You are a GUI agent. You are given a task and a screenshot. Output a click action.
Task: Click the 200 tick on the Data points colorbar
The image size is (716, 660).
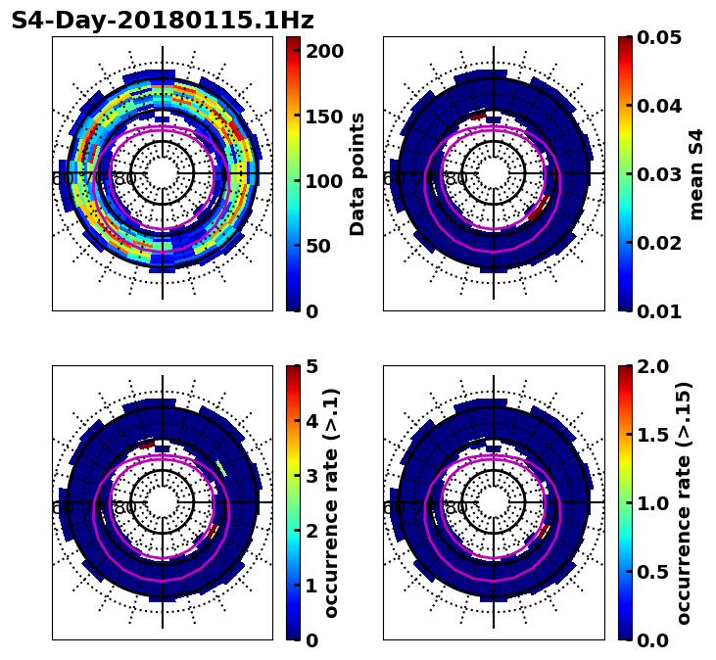coord(324,51)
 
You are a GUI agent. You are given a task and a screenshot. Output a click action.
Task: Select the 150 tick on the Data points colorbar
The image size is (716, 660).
coord(324,117)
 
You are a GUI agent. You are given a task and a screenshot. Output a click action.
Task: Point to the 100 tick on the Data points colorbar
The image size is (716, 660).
coord(324,181)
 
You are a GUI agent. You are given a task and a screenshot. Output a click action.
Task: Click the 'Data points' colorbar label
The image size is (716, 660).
coord(358,174)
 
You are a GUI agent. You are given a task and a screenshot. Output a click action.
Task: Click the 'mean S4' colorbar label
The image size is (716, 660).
coord(696,174)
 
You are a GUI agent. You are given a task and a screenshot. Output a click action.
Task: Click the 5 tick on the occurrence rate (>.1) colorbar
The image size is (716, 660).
coord(312,366)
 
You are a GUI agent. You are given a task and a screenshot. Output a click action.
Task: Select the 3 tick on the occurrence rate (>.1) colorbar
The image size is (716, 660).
coord(312,476)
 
